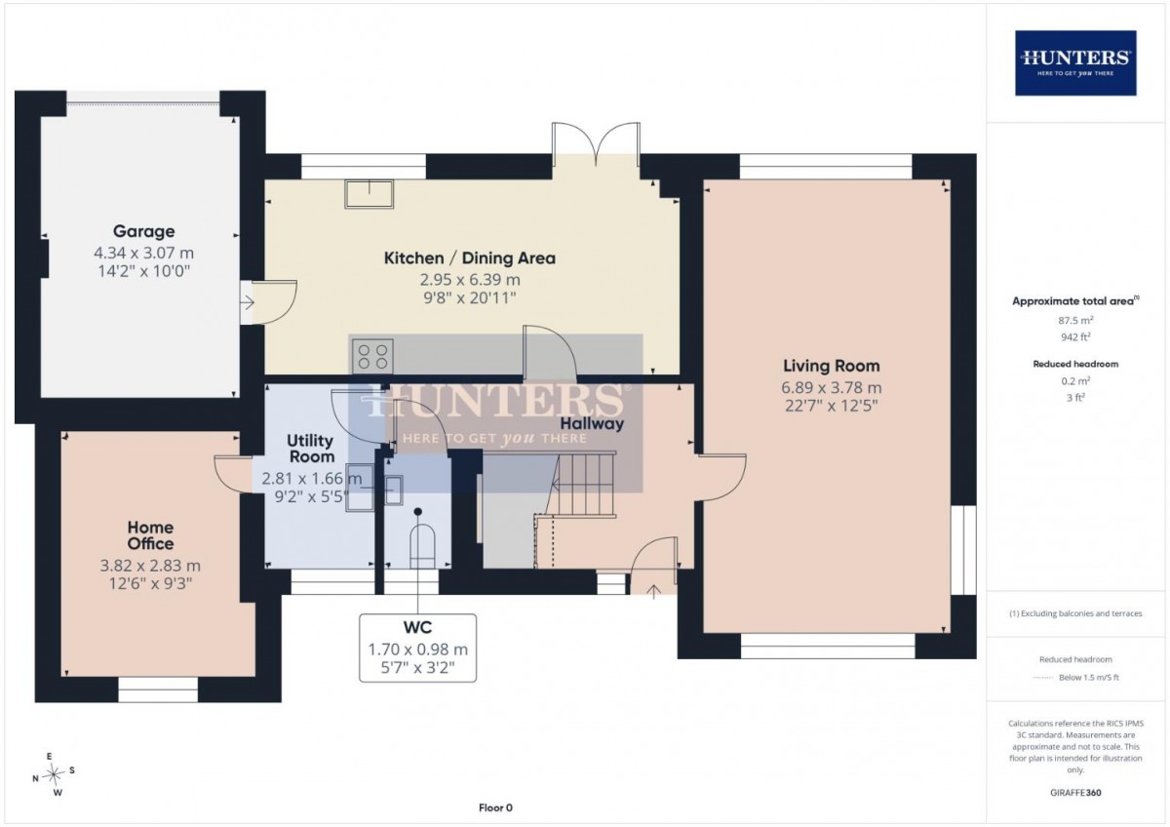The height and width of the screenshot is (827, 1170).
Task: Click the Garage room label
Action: (x=143, y=231)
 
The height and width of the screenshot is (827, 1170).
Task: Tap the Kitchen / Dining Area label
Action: (x=470, y=258)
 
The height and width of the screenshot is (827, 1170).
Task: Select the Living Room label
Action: (x=831, y=366)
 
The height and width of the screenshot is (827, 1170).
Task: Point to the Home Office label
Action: (x=150, y=535)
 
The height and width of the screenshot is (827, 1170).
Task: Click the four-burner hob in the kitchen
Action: (x=372, y=356)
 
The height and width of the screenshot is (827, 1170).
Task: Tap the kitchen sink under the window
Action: (x=369, y=194)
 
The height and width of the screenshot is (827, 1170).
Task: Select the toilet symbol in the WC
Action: (x=422, y=546)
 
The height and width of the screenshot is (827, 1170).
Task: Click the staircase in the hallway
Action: (x=582, y=485)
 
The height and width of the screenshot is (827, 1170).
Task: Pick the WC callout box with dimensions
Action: (x=418, y=648)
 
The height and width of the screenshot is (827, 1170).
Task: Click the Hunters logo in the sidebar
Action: (x=1075, y=63)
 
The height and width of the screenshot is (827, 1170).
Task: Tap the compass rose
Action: (x=54, y=773)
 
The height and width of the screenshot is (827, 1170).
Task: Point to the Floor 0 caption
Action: (x=495, y=807)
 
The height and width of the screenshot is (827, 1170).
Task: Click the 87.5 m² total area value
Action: (x=1075, y=320)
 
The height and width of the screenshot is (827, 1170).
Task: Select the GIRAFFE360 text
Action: (x=1075, y=793)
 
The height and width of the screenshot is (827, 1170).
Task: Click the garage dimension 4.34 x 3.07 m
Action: (x=143, y=254)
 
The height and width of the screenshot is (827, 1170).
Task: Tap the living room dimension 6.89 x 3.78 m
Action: (x=831, y=387)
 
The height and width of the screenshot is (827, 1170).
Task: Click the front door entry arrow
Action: (x=653, y=590)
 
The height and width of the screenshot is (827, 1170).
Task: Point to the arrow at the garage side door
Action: (x=248, y=302)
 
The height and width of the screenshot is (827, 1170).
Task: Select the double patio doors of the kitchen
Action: (x=596, y=144)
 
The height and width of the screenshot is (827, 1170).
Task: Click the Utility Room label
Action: (x=311, y=449)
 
